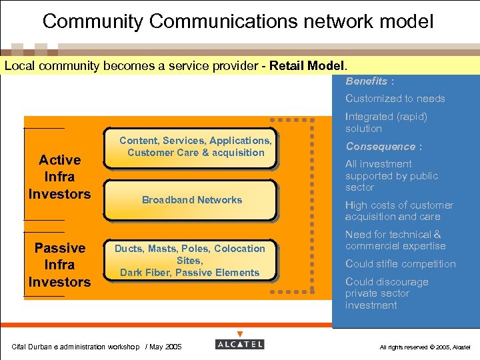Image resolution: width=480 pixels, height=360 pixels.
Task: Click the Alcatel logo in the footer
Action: (240, 344)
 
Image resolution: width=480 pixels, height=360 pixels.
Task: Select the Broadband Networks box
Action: (192, 200)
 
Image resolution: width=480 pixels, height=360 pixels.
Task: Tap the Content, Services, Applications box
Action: (195, 147)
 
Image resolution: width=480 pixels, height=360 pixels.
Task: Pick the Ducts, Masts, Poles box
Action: (190, 260)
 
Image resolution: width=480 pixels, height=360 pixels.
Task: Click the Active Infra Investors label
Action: (59, 177)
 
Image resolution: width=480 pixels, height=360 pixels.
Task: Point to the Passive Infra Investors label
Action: (59, 265)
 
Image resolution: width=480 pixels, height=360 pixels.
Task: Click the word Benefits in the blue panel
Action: (366, 81)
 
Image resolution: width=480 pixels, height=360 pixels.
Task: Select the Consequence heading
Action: (380, 147)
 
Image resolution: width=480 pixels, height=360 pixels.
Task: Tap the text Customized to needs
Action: (395, 99)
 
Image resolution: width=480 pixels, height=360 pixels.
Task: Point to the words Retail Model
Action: (313, 66)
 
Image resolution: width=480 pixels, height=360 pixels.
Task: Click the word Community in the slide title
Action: (93, 21)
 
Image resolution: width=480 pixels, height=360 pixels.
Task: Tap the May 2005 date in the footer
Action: (165, 347)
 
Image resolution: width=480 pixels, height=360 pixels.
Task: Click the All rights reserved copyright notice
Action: (425, 347)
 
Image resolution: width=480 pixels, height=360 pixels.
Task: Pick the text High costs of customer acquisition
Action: (399, 211)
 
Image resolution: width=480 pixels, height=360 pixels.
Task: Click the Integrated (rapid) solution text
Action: (385, 122)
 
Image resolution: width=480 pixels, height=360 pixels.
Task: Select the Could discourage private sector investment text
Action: (387, 293)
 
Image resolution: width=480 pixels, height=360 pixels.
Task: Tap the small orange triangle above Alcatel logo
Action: (240, 334)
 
